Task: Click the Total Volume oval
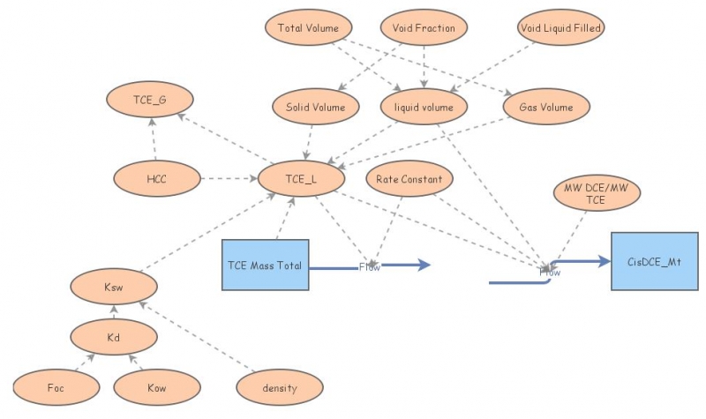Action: (x=308, y=28)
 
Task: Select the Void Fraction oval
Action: (x=424, y=28)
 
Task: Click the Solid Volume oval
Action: (x=315, y=108)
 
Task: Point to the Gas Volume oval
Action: (x=545, y=108)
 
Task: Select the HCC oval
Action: (x=157, y=179)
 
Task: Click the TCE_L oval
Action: (x=301, y=179)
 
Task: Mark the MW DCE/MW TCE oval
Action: (x=597, y=193)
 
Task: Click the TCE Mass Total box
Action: (x=265, y=265)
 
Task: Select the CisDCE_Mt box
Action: (x=654, y=262)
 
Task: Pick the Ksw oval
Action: (x=115, y=287)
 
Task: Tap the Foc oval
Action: (x=56, y=387)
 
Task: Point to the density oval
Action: (x=280, y=387)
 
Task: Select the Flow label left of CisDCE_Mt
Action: (x=550, y=272)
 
